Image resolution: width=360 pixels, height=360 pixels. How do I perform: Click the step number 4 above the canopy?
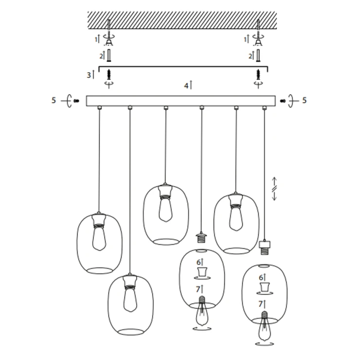186,86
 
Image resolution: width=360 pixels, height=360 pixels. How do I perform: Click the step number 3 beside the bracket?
89,75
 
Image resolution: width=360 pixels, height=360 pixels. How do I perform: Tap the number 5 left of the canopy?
54,100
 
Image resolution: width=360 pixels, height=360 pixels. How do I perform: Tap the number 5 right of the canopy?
304,100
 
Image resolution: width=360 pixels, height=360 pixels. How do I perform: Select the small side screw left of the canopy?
76,101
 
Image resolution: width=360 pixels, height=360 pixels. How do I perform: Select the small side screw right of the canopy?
283,101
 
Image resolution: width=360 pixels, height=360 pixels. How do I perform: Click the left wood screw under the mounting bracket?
109,74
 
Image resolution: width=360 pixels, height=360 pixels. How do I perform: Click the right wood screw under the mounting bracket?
259,74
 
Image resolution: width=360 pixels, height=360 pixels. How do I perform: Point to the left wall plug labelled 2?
109,55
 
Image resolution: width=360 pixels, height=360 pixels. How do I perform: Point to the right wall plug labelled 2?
258,55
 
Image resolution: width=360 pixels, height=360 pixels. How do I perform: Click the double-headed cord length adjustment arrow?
274,189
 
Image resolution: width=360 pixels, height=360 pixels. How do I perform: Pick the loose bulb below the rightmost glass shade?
265,326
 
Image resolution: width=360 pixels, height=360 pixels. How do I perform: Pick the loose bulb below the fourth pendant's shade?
202,311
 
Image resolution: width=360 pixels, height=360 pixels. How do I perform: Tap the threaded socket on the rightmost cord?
264,248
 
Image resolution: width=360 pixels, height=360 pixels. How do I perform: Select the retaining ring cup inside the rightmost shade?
265,287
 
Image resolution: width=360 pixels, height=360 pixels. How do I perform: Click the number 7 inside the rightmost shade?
260,304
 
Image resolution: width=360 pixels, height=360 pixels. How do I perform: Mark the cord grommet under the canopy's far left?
100,108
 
